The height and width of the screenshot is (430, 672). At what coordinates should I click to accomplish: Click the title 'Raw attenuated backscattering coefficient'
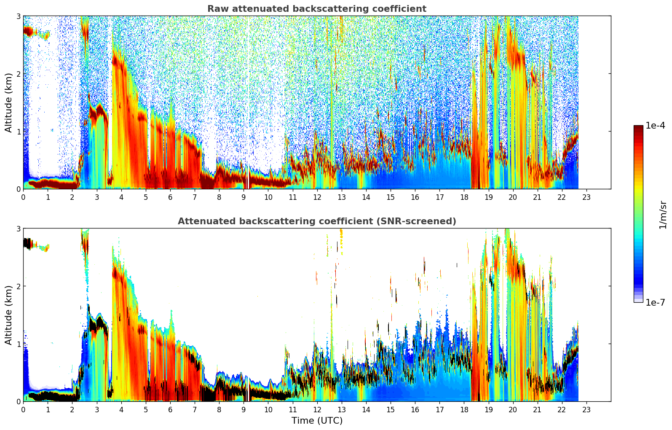click(316, 9)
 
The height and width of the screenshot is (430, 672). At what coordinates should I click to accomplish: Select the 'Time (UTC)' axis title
click(317, 421)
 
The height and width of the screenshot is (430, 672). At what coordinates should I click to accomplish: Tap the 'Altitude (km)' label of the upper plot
click(8, 102)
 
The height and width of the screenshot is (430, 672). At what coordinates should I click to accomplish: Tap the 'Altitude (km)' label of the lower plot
click(8, 315)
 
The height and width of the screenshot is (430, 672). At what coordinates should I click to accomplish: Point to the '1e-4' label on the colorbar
click(655, 126)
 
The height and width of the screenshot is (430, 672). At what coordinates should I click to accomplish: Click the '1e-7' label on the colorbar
click(655, 302)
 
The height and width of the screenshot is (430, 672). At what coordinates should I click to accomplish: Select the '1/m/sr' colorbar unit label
click(663, 214)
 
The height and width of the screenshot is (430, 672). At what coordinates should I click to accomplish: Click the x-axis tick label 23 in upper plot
click(586, 197)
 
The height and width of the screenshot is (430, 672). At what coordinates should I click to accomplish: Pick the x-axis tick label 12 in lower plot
click(317, 409)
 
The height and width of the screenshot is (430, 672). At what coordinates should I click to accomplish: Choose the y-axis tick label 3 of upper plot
click(18, 16)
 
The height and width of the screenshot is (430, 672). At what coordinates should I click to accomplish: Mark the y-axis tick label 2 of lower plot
click(18, 286)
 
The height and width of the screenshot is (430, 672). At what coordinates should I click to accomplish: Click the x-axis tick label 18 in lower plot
click(464, 409)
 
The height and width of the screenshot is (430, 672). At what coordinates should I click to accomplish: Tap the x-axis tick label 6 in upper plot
click(170, 197)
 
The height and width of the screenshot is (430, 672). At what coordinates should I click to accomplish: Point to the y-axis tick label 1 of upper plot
click(18, 132)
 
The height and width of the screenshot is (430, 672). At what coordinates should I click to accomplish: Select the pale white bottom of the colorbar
click(638, 300)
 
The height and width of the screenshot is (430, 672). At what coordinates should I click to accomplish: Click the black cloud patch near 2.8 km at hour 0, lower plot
click(27, 243)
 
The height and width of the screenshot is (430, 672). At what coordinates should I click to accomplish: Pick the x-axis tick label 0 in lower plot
click(23, 409)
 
